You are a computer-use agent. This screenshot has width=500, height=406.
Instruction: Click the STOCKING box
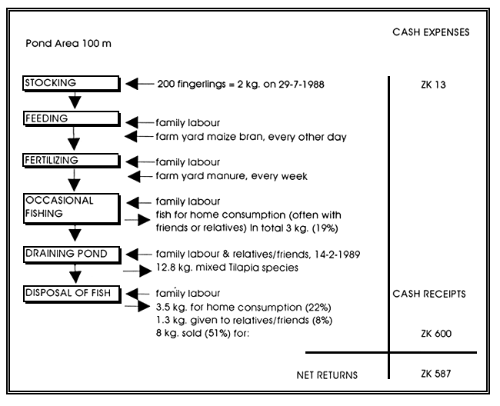click(72, 84)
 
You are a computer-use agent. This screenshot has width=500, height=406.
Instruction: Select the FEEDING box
click(72, 119)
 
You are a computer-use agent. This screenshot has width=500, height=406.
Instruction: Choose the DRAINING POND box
click(72, 254)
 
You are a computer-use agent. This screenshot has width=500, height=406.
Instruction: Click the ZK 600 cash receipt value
click(431, 334)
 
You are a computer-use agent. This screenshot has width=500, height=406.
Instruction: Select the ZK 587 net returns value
click(431, 374)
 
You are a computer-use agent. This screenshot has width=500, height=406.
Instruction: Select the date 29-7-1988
click(299, 84)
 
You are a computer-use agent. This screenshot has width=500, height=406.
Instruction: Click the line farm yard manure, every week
click(232, 176)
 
